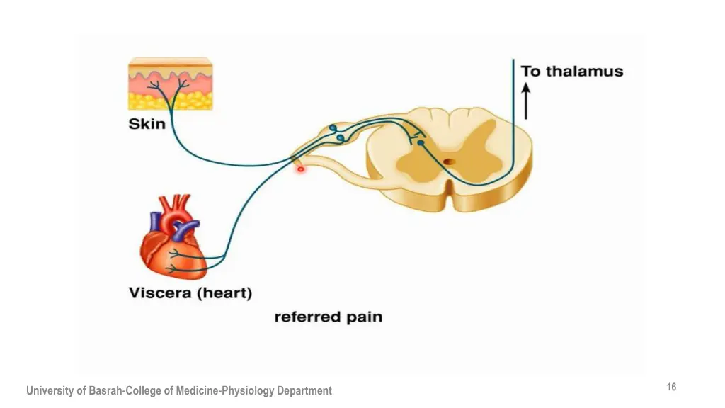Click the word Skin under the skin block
[x=147, y=124]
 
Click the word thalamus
[x=584, y=72]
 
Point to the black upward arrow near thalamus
[x=526, y=101]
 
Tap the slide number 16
[x=671, y=387]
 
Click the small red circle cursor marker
[x=301, y=169]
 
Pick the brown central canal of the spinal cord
[x=448, y=162]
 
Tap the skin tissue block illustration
[x=170, y=84]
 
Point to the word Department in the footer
[x=304, y=391]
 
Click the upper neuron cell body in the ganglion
[x=333, y=127]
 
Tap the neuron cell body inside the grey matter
[x=421, y=143]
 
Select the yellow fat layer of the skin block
[x=170, y=101]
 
